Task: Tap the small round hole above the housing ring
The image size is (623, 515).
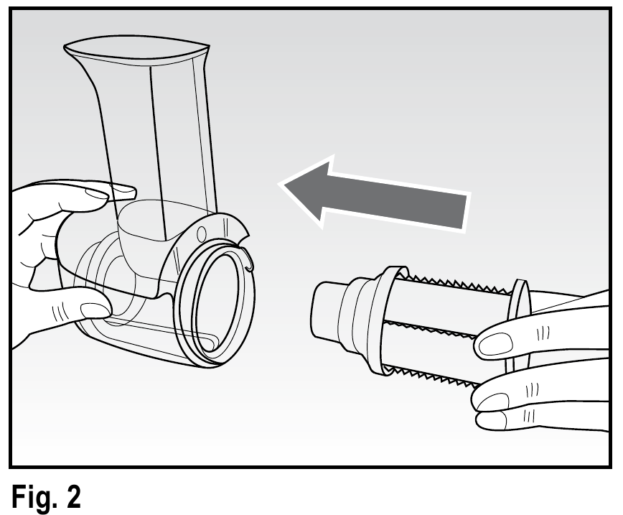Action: pos(201,233)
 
